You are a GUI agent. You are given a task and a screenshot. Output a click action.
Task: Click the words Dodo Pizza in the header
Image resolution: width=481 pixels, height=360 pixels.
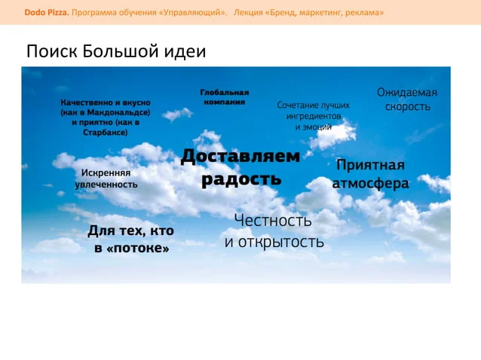pos(47,13)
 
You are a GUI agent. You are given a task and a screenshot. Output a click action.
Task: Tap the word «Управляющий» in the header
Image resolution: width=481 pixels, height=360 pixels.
pos(193,13)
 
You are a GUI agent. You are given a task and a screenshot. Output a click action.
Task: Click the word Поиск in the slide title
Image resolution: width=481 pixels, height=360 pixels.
pos(52,51)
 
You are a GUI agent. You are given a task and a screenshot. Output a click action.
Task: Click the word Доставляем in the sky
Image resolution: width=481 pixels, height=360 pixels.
pos(240,156)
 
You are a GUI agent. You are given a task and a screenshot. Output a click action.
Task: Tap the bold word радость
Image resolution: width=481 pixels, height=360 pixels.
pos(241,179)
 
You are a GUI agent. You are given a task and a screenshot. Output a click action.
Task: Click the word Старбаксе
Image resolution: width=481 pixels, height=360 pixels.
pos(106,133)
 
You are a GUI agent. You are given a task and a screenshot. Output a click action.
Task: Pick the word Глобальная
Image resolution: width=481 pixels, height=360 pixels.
pos(225,92)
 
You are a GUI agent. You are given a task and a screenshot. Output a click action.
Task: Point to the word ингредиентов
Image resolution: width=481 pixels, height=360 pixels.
pos(314,116)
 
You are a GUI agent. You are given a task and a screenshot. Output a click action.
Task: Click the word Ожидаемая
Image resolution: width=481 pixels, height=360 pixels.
pos(407,92)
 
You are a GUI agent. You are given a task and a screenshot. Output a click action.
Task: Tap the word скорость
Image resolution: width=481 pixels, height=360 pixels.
pos(408,107)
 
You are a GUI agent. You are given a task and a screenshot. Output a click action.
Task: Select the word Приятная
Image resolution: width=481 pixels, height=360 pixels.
pos(370,166)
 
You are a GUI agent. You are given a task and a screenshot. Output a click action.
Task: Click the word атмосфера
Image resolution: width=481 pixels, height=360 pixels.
pos(371,183)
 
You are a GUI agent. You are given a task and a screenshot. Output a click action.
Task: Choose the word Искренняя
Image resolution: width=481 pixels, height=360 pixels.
pos(106,172)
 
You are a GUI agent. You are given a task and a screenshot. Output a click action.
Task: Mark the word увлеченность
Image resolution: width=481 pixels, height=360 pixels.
pos(106,185)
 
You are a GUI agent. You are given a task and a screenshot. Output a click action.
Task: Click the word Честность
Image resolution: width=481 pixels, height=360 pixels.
pos(273,221)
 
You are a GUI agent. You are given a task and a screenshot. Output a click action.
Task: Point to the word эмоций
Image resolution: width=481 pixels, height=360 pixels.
pos(317,127)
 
